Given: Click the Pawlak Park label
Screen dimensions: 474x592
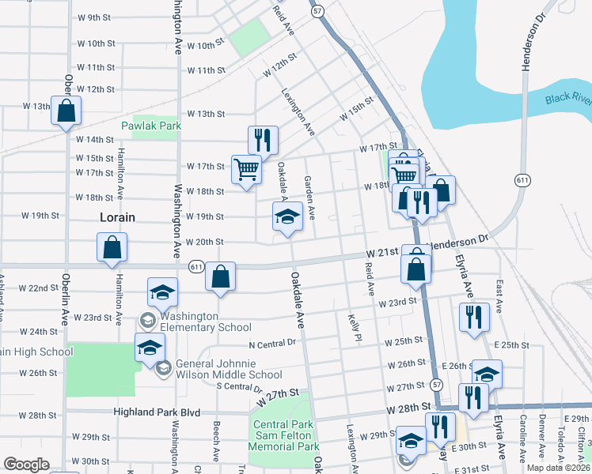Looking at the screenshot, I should pos(151,126).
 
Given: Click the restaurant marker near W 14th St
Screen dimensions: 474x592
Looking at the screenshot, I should pos(263,140).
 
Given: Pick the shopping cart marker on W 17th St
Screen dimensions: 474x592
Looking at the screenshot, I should pos(246,168).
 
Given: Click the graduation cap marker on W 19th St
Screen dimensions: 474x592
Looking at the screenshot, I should pos(287,216).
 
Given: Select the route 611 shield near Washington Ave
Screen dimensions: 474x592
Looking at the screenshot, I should pos(196,267).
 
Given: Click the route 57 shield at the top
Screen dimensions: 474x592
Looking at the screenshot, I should pos(317,11).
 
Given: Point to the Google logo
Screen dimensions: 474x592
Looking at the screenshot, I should pos(25,465).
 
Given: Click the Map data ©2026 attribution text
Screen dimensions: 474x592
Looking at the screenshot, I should pos(558,468).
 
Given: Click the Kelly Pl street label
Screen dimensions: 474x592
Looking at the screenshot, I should pos(355,327).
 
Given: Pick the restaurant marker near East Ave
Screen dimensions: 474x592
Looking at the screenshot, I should pos(474,317).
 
